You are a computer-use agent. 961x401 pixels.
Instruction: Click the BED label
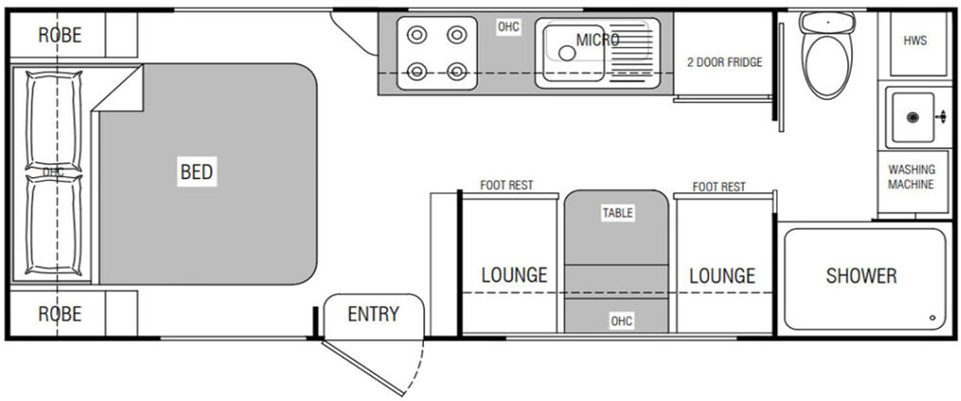point(197,172)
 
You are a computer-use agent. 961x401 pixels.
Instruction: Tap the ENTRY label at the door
point(373,314)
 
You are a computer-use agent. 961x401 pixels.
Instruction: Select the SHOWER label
point(860,276)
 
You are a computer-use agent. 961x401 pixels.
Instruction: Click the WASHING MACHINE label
point(911,176)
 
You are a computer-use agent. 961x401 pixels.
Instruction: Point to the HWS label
point(914,41)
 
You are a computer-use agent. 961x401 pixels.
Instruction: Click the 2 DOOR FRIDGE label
point(724,62)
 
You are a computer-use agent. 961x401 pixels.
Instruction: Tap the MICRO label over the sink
point(597,39)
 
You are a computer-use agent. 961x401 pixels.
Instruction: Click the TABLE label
point(617,213)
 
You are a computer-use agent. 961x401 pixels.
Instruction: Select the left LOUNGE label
point(514,275)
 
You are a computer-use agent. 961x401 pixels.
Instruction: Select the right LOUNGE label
point(722,275)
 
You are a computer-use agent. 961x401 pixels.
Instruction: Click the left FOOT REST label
point(506,186)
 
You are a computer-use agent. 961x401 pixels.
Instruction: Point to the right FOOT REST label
point(719,187)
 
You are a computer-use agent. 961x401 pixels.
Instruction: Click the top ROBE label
point(60,35)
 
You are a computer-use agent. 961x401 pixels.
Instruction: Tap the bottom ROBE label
point(60,314)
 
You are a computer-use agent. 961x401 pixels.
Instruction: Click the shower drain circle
point(932,318)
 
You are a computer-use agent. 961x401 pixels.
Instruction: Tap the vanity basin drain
point(912,117)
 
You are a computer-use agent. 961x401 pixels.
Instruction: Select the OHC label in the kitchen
point(508,27)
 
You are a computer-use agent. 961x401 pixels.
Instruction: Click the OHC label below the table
point(621,320)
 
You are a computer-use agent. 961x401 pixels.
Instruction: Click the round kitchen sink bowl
point(568,52)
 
